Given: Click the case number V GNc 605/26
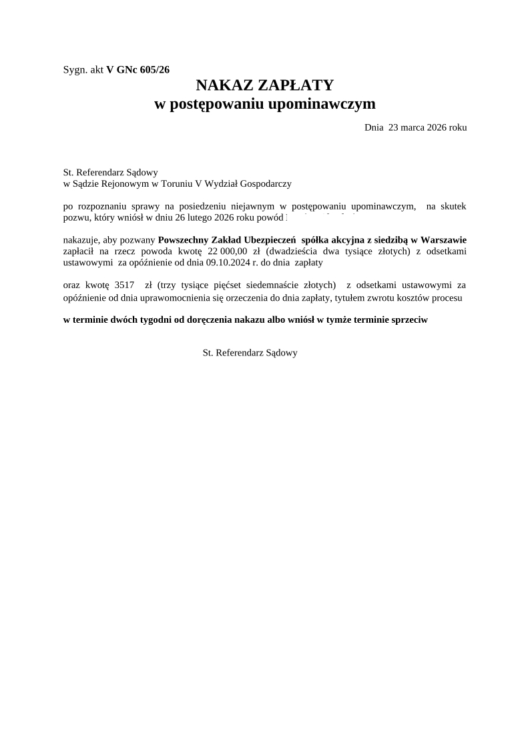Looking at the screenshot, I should coord(138,69).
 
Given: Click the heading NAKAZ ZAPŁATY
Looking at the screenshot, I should coord(264,85).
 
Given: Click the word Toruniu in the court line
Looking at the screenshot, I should coord(176,183).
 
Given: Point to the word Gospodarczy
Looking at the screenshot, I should coord(266,183).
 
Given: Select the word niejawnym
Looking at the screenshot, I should coord(251,207).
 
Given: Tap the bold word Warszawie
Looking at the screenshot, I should coord(443,240).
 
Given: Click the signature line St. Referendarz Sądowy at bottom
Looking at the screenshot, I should coord(250,353).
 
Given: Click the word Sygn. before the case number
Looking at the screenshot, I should coord(74,69).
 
